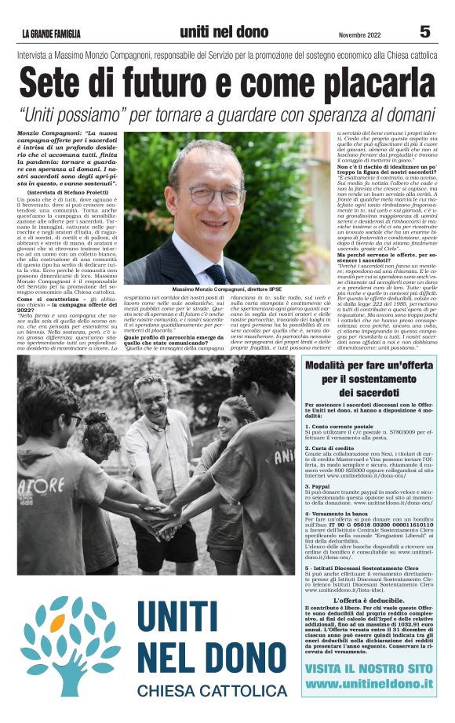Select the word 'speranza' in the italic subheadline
pos(321,114)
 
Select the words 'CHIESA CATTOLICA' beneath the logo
pos(213,691)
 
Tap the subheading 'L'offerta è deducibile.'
pos(369,600)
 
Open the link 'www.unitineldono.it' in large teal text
pos(369,683)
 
